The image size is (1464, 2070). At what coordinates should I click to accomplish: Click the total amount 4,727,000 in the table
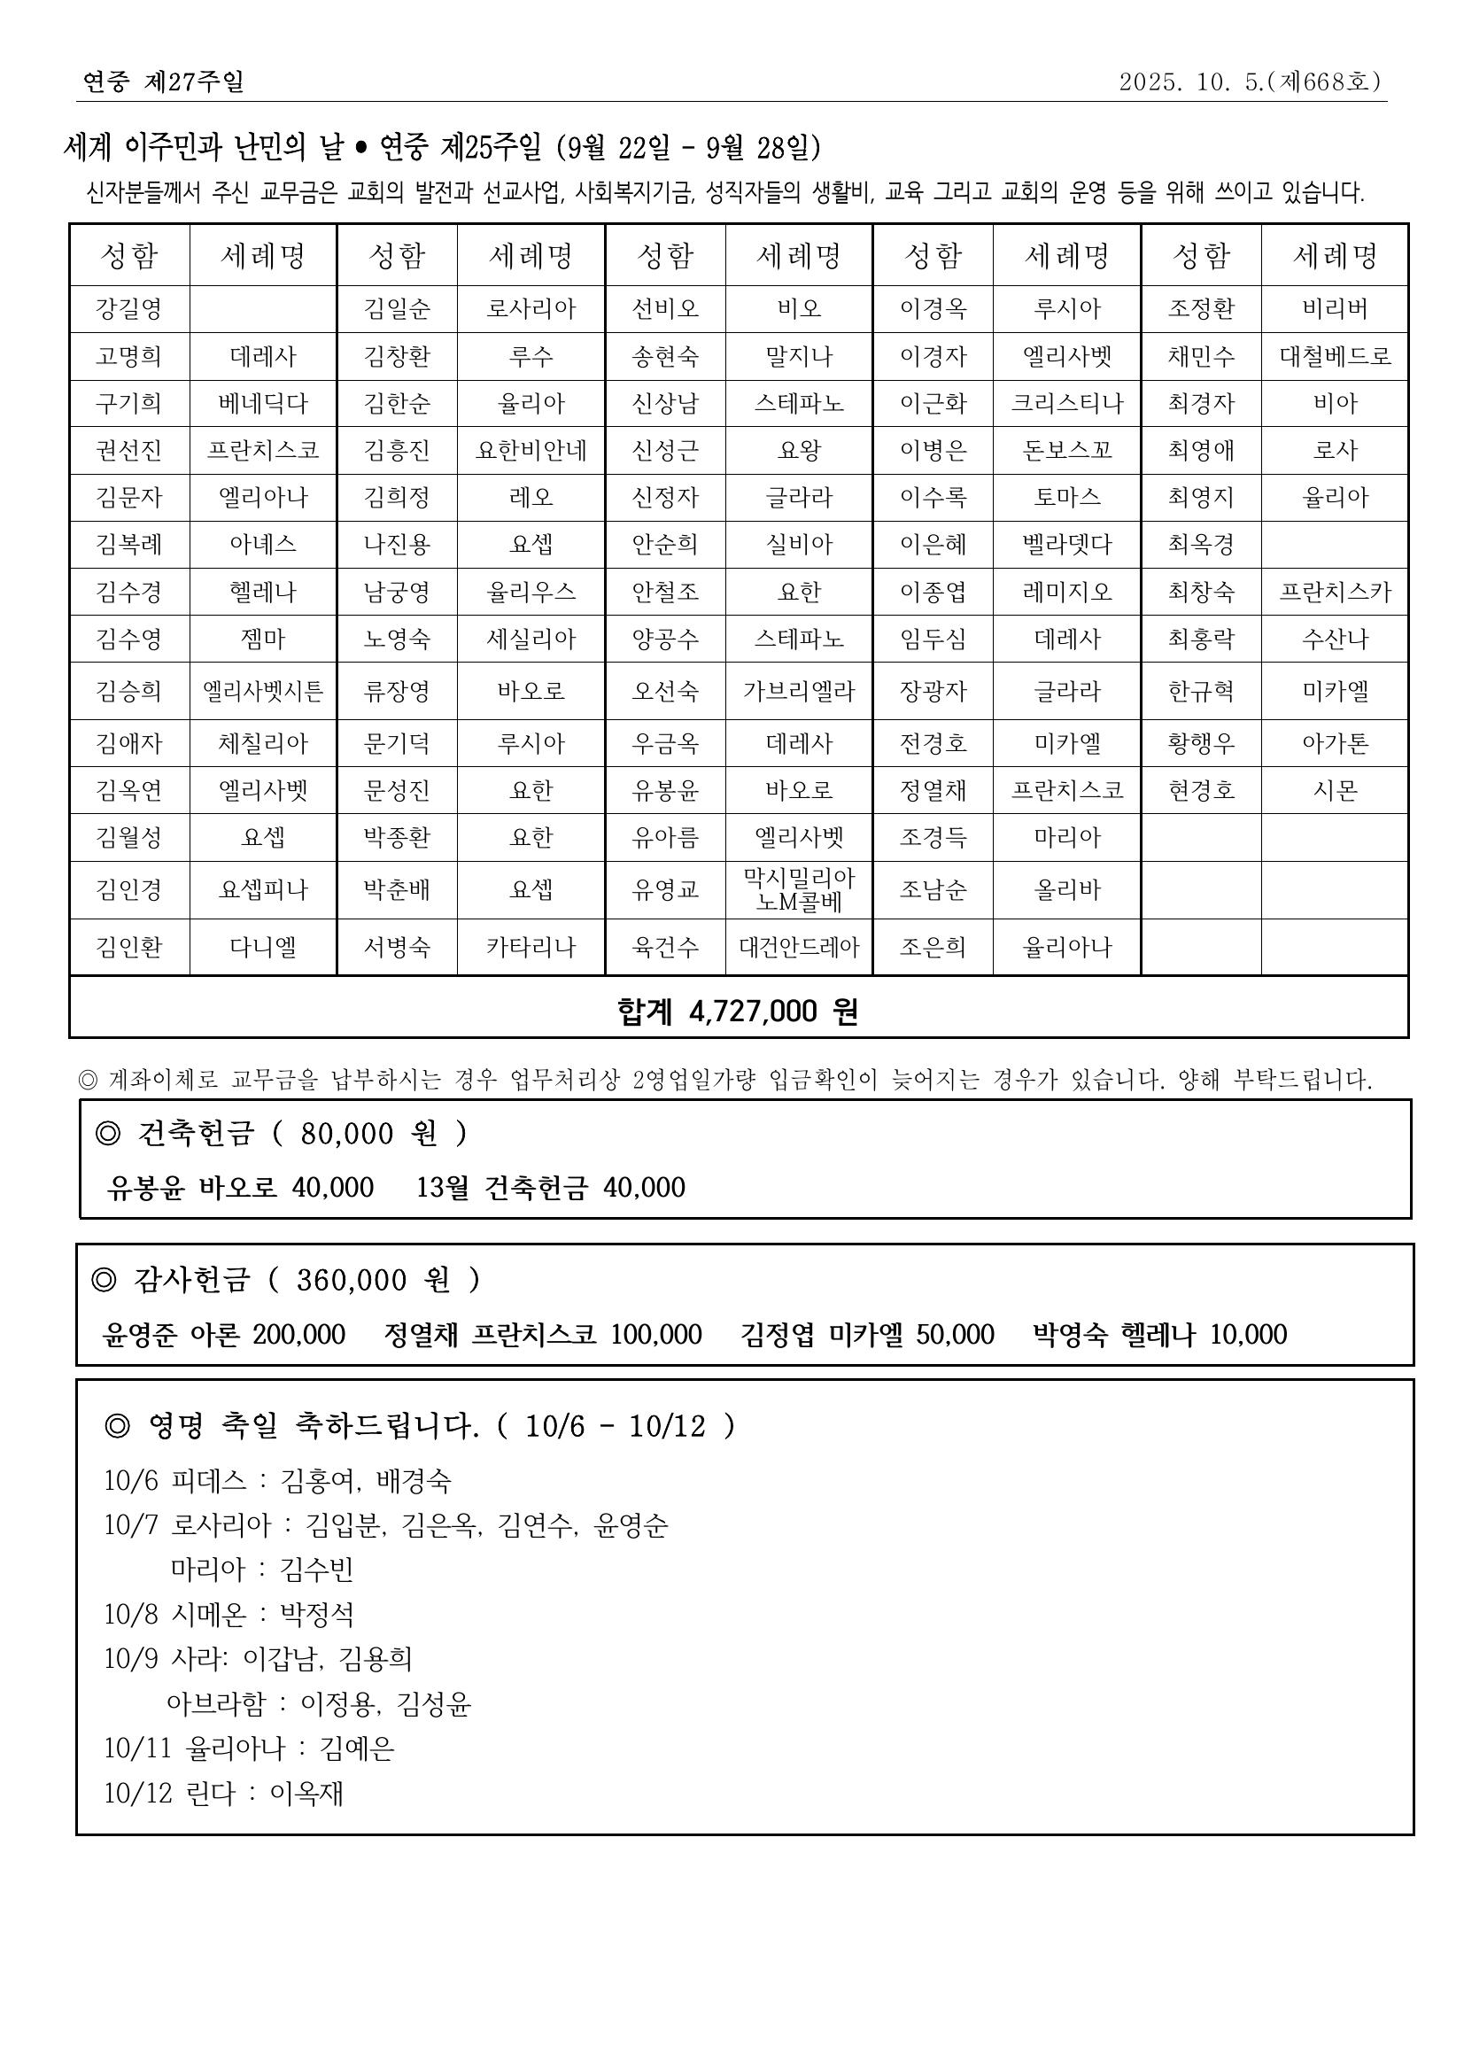tap(753, 1012)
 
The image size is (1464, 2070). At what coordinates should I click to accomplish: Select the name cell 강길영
tap(129, 309)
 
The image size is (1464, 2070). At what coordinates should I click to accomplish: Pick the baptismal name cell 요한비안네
tap(531, 450)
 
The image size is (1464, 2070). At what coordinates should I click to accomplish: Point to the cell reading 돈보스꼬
tap(1066, 450)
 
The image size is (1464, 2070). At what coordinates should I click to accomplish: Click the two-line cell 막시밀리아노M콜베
tap(799, 890)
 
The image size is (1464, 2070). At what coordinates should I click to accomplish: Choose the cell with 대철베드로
tap(1335, 356)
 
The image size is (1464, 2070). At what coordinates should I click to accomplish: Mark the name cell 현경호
tap(1201, 790)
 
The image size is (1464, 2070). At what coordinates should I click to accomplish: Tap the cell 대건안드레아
tap(799, 947)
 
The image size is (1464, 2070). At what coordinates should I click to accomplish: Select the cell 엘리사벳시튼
tap(262, 691)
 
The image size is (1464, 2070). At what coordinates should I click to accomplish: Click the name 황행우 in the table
tap(1201, 743)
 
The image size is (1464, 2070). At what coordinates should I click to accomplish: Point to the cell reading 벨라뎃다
tap(1066, 545)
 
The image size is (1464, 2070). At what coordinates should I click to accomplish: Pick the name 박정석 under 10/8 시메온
tap(317, 1614)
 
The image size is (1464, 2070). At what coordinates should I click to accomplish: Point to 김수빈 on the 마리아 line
tap(317, 1570)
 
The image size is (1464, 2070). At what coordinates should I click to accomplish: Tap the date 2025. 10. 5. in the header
tap(1190, 82)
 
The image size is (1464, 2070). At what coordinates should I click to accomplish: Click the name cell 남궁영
tap(397, 592)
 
